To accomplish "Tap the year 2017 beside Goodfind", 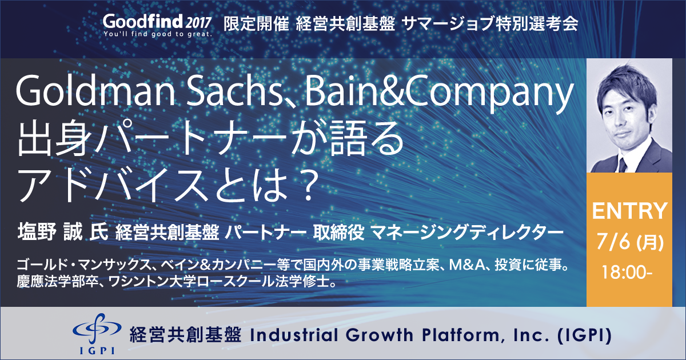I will pyautogui.click(x=199, y=23).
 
